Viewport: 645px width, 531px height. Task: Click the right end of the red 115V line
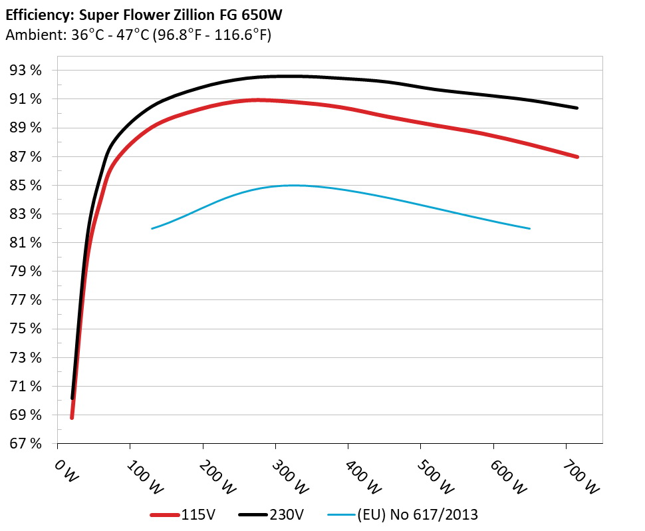[577, 157]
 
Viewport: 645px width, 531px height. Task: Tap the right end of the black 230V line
[577, 108]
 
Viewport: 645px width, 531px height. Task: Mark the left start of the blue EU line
[152, 229]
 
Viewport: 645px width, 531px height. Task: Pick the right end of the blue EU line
[530, 229]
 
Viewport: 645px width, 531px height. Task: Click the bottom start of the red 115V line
[72, 417]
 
